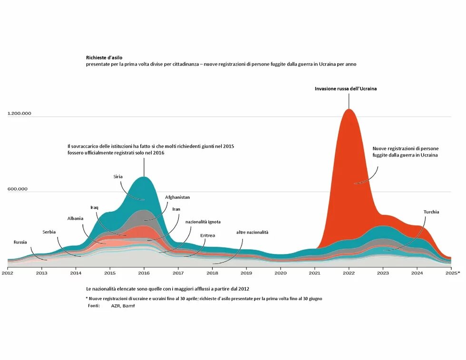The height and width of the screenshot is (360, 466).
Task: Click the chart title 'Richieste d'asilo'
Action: [104, 58]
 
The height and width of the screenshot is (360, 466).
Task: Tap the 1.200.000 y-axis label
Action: [19, 114]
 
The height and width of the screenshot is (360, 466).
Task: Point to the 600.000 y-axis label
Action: [18, 189]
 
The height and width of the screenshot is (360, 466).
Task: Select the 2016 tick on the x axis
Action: [144, 273]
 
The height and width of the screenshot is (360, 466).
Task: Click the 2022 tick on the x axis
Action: [349, 273]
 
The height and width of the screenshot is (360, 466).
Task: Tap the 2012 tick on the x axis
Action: [8, 273]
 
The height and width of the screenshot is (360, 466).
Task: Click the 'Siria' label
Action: [118, 176]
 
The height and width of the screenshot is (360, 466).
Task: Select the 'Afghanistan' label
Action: [177, 197]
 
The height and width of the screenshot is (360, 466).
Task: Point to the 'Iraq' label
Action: [94, 207]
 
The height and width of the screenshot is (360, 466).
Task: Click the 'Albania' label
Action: [75, 218]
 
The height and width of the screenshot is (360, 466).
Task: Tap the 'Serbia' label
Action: [49, 232]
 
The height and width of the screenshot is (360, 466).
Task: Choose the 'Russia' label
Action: [20, 242]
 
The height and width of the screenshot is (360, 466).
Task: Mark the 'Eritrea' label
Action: [207, 235]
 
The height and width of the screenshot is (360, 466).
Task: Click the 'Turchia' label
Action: [431, 212]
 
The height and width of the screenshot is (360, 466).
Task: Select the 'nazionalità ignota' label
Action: [203, 222]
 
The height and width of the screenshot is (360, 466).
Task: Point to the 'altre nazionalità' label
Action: [252, 232]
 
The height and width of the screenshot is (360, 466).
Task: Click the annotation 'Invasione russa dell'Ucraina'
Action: [346, 88]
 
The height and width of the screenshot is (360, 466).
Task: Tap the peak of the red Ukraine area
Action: [349, 110]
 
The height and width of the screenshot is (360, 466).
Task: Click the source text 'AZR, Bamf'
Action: [123, 306]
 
